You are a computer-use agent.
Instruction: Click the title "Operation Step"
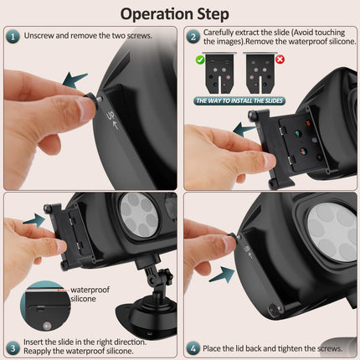pos(175,14)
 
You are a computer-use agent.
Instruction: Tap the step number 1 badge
pos(13,37)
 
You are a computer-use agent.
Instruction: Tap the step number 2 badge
pos(193,37)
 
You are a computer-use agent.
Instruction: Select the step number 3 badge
pos(13,348)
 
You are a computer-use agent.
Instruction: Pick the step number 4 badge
pos(193,348)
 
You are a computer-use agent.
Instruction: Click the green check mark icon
pos(200,59)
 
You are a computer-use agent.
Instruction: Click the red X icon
pos(280,59)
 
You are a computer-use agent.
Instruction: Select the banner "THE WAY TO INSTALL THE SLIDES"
pos(239,100)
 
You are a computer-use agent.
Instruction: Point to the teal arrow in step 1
pos(75,80)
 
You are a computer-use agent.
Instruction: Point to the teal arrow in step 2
pos(244,130)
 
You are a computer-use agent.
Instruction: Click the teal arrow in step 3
pos(34,220)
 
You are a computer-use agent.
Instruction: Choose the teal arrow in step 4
pos(223,275)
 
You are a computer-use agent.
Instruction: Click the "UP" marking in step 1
pos(111,116)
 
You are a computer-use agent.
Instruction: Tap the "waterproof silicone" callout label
pos(90,294)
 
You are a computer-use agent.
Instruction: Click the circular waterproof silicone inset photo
pos(46,306)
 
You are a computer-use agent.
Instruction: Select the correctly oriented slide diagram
pos(219,74)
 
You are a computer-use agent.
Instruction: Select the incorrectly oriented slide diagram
pos(260,74)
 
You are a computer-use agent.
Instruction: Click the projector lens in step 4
pos(332,233)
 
